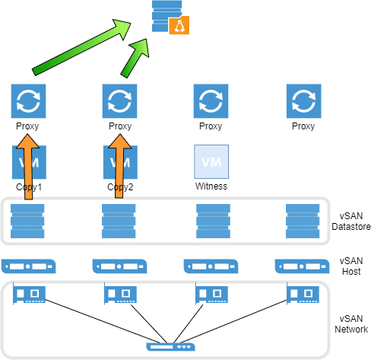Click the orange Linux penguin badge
click(179, 25)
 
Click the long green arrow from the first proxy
click(81, 47)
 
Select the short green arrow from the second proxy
click(135, 58)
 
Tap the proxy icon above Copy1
click(28, 101)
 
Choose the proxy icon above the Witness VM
click(211, 101)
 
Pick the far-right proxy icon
click(304, 101)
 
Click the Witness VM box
click(211, 161)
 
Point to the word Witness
click(211, 186)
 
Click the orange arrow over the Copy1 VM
click(28, 167)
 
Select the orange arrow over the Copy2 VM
click(119, 166)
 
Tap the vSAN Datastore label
click(351, 221)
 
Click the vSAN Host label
click(351, 266)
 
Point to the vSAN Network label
click(351, 324)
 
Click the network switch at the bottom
click(170, 347)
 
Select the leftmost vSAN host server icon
click(28, 266)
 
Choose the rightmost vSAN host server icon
click(302, 266)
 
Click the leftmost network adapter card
click(29, 294)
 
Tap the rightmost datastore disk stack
click(303, 221)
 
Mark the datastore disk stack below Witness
click(213, 221)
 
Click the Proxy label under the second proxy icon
click(120, 126)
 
